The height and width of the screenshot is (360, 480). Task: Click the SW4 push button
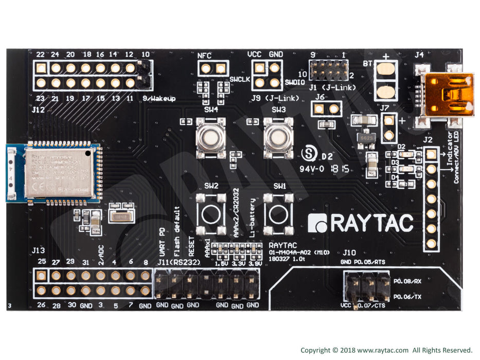coord(210,137)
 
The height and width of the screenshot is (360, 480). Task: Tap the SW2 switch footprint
coord(210,212)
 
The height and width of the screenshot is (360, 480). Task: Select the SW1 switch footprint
coord(278,212)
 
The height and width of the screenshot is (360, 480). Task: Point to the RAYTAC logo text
coord(361,223)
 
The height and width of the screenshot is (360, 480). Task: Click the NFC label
coord(205,56)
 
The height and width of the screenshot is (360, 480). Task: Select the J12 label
coord(38,110)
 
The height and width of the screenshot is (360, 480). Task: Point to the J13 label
coord(38,250)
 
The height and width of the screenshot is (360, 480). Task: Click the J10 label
coord(349,253)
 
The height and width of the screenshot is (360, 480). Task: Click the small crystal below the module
coord(121,217)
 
